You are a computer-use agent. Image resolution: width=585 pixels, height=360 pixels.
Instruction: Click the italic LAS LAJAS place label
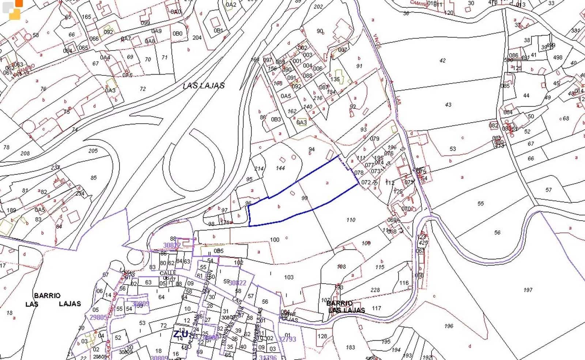click(x=204, y=86)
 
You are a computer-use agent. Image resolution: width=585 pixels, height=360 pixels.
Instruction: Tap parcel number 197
click(x=528, y=290)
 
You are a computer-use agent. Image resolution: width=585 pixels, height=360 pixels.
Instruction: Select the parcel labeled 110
click(x=351, y=220)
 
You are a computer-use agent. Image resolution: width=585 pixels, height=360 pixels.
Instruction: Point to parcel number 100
click(x=275, y=240)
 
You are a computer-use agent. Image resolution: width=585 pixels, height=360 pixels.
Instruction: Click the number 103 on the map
click(x=288, y=277)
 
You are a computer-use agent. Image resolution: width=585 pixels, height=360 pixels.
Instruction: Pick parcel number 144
click(x=280, y=168)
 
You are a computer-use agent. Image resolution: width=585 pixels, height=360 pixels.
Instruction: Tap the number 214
click(x=259, y=169)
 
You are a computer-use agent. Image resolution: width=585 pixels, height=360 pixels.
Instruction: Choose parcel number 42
click(x=442, y=60)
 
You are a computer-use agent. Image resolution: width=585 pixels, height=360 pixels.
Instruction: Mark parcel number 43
click(x=448, y=105)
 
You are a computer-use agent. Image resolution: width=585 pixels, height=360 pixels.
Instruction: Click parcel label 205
click(x=93, y=151)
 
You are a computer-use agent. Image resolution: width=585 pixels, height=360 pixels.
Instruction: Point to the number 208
click(x=25, y=153)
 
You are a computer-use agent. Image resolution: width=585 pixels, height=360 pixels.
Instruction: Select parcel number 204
click(x=197, y=37)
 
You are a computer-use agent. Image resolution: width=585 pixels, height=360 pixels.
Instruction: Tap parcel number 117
click(x=376, y=308)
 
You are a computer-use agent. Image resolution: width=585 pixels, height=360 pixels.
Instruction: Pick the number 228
click(x=375, y=290)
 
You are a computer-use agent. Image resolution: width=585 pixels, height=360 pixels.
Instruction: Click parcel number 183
click(x=350, y=347)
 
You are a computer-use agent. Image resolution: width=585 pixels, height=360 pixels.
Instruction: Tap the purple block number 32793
click(x=287, y=339)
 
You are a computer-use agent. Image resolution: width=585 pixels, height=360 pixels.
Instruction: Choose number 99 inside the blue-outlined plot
click(x=304, y=198)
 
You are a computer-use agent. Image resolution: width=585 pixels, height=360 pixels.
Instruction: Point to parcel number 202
click(x=318, y=7)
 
